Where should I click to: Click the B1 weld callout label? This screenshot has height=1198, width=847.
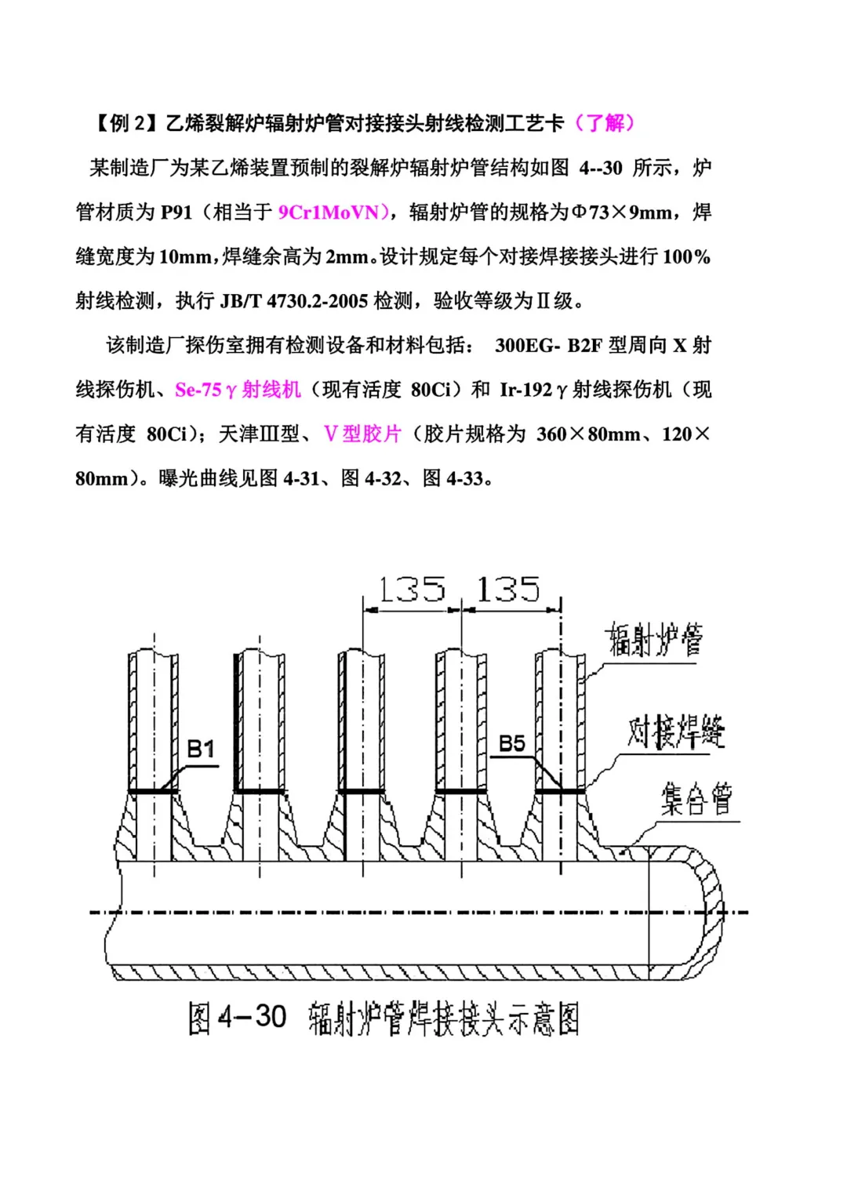pos(201,750)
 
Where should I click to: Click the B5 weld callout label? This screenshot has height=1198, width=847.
pos(511,743)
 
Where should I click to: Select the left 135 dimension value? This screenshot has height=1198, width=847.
pos(412,589)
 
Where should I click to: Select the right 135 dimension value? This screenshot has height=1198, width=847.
pos(507,589)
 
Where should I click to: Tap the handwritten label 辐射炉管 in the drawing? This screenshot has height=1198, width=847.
pos(653,639)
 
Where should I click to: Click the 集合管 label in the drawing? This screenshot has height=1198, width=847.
pos(696,799)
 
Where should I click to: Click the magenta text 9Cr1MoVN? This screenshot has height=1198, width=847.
pos(329,212)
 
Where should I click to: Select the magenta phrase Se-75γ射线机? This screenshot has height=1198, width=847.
pos(238,390)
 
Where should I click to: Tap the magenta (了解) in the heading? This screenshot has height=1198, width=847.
pos(605,123)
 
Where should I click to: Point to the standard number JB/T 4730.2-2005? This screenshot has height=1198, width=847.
pos(294,301)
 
